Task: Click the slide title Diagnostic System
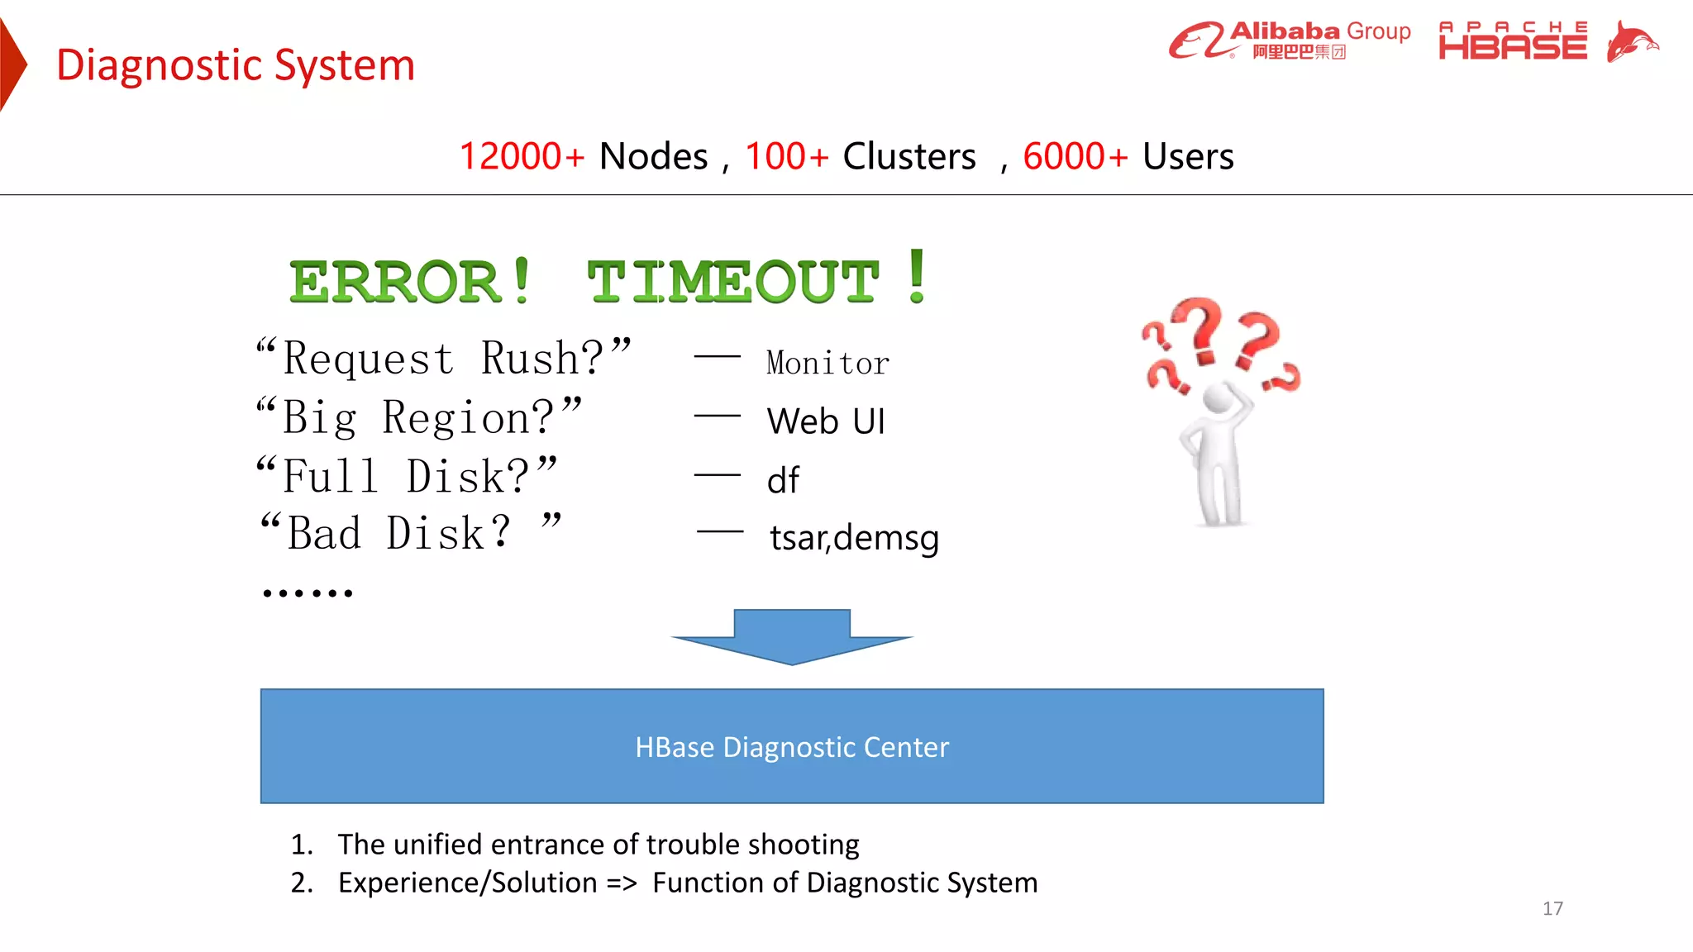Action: [236, 65]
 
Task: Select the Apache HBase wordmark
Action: [1513, 41]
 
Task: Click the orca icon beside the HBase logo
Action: [1631, 41]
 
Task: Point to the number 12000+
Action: [522, 156]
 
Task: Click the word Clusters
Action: [909, 156]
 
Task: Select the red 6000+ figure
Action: [1075, 156]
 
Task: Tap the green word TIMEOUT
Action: [732, 281]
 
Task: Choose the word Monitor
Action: [827, 363]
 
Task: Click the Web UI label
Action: [826, 421]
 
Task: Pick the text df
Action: [783, 480]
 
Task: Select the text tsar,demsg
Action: [854, 538]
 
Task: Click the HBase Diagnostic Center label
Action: [792, 747]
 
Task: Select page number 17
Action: [1552, 908]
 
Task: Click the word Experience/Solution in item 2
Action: [467, 883]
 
